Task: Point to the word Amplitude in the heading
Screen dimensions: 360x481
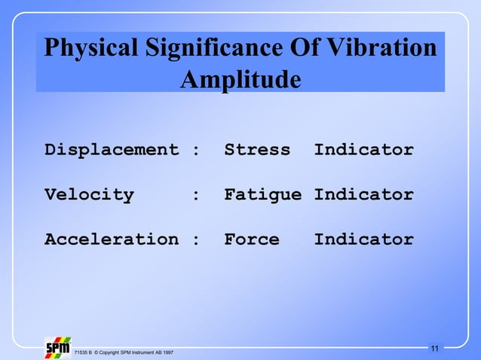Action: (x=240, y=79)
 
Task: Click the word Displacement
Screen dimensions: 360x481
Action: (x=112, y=150)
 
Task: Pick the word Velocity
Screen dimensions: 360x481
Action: (x=89, y=195)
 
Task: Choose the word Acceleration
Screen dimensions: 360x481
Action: (x=112, y=240)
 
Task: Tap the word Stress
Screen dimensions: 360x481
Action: (x=257, y=150)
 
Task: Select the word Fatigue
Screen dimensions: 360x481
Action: (x=262, y=195)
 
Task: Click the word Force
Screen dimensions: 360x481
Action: (x=251, y=240)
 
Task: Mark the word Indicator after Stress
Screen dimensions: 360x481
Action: (x=363, y=150)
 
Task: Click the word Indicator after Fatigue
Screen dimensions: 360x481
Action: (x=363, y=195)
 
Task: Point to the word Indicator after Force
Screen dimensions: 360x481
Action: (x=363, y=240)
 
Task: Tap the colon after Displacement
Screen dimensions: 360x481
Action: (x=196, y=151)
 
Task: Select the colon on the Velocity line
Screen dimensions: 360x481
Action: (x=196, y=196)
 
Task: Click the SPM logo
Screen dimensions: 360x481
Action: (x=58, y=347)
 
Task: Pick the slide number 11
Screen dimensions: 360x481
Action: (x=434, y=348)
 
